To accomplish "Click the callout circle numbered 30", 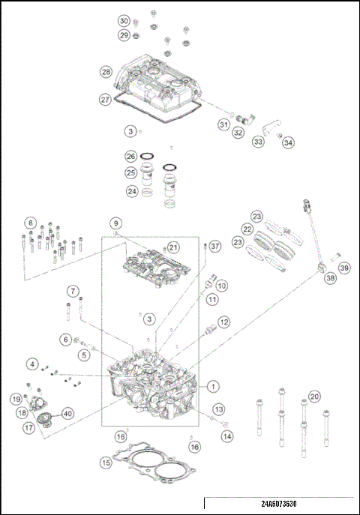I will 124,20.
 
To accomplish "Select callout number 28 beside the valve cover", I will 106,72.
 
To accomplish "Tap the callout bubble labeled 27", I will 106,99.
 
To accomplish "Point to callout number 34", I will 289,142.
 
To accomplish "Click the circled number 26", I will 130,157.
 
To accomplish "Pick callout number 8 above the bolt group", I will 30,223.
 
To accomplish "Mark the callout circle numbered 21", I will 173,247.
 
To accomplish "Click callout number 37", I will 214,246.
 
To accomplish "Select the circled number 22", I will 247,229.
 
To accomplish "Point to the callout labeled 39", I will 343,268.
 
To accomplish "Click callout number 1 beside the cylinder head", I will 214,387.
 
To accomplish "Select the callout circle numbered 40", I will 67,412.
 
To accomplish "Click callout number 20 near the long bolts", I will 314,396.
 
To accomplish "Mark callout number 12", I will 224,322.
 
